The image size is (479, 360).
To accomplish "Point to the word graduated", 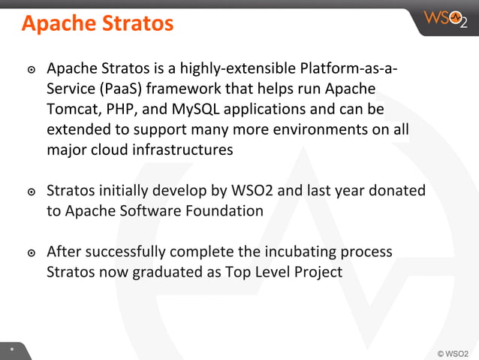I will (x=168, y=271).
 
